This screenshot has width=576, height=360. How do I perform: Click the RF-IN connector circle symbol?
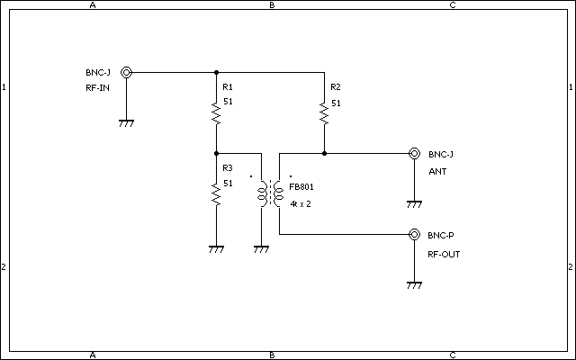[126, 72]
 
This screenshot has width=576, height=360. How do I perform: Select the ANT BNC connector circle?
[414, 153]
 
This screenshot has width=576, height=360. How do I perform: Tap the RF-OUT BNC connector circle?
[414, 234]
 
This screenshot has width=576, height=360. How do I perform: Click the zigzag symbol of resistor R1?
[216, 114]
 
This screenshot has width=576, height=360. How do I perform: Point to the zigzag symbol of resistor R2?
[324, 114]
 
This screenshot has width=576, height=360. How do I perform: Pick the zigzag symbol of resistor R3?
[216, 194]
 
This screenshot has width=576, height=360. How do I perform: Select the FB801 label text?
[301, 187]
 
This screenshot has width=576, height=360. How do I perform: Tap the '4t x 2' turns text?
[301, 204]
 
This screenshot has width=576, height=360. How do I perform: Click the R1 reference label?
[228, 87]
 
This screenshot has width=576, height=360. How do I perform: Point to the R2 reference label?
[336, 87]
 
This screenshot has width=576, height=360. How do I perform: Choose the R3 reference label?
[228, 168]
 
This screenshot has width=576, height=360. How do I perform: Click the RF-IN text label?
[98, 88]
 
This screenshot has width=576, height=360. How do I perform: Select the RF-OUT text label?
[444, 255]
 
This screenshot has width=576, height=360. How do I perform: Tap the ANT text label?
[437, 172]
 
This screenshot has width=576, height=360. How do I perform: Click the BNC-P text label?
[441, 236]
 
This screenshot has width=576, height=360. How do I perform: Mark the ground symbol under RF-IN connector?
[126, 123]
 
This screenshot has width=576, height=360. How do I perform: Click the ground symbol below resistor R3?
[216, 249]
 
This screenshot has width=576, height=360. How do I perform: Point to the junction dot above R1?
[216, 72]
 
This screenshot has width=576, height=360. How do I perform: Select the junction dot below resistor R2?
[324, 153]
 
